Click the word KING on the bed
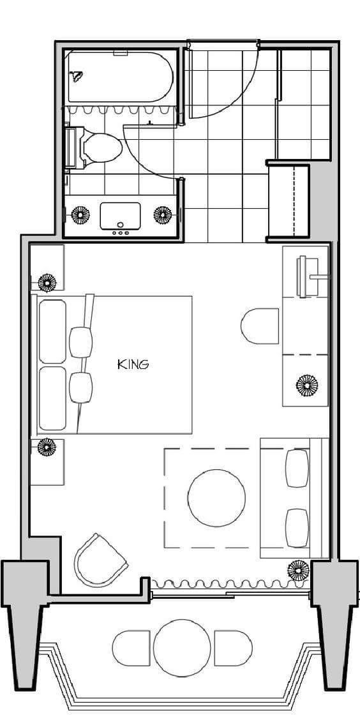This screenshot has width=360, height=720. (133, 364)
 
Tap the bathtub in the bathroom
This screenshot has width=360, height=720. (121, 77)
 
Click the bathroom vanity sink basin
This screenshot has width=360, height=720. (120, 216)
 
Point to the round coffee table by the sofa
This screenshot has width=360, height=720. (216, 498)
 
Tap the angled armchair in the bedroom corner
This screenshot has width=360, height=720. (100, 560)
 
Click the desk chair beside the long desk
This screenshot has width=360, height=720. (260, 326)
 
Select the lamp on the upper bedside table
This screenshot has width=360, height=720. (47, 282)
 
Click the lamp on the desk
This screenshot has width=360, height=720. (307, 386)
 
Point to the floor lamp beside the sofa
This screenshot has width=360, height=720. (299, 570)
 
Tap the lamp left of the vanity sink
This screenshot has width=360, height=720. (81, 215)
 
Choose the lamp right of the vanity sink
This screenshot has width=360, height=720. (163, 215)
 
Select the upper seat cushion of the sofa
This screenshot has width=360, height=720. (297, 468)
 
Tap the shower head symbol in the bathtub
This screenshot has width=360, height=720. (76, 76)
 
